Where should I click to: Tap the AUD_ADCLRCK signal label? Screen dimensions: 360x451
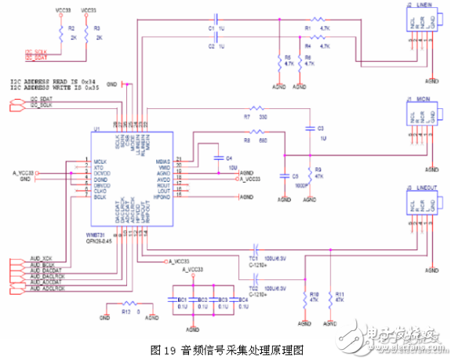click(x=46, y=289)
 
